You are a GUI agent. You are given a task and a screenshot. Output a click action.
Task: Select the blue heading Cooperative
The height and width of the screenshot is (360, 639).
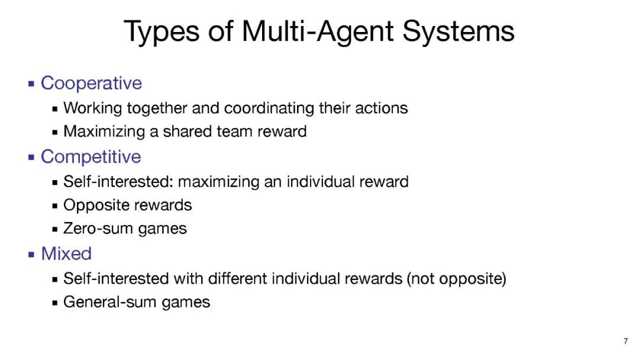coord(91,83)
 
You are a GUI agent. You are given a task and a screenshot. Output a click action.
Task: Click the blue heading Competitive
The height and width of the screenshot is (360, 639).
coord(91,157)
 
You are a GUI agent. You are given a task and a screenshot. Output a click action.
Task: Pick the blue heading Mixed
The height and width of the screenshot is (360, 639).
coord(66,253)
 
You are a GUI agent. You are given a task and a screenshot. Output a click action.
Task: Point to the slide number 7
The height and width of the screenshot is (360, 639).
coord(625,341)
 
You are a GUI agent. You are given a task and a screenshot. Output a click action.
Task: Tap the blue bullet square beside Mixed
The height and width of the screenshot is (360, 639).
coord(31,255)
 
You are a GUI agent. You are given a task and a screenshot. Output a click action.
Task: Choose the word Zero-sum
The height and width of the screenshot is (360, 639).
coord(99,229)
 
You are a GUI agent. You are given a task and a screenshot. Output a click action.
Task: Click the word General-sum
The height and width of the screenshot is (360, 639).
coord(109,302)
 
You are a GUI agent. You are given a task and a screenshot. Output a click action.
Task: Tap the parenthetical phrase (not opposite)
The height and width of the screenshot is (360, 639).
coord(456,279)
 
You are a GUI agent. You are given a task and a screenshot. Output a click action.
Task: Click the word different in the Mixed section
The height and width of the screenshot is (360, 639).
coord(238,279)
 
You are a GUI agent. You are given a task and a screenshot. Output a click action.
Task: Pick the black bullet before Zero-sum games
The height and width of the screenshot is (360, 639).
coord(55,230)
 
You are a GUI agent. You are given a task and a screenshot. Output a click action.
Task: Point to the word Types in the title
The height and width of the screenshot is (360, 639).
coord(162,33)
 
